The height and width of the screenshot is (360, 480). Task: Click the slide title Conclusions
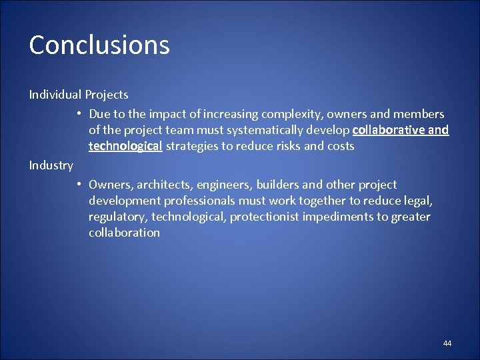coord(99,45)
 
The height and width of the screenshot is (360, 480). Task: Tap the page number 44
coord(447,343)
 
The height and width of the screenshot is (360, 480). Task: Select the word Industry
coord(51,165)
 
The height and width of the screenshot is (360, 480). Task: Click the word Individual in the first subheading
coord(55,95)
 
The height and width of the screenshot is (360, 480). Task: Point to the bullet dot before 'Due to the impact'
coord(79,114)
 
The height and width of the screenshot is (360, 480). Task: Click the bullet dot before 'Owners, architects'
coord(79,185)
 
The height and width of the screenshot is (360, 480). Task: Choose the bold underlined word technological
coord(125,146)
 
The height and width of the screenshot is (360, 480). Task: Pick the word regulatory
coord(117,217)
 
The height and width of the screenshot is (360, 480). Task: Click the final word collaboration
coord(124,233)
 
